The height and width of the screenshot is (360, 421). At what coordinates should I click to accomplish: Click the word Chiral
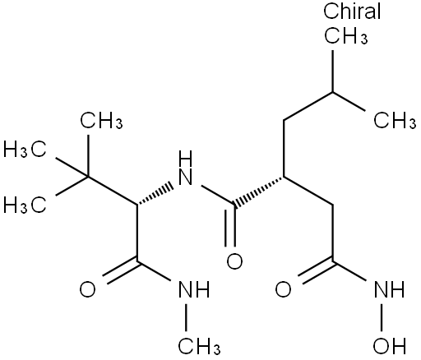pyautogui.click(x=352, y=12)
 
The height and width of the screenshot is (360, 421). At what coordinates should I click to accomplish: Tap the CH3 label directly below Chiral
pyautogui.click(x=346, y=35)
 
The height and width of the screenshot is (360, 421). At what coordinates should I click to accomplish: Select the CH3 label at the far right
pyautogui.click(x=395, y=120)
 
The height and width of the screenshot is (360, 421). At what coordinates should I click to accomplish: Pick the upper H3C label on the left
pyautogui.click(x=25, y=150)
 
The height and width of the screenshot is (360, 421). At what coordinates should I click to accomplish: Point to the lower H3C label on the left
pyautogui.click(x=25, y=205)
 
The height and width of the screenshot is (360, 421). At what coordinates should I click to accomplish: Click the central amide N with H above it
pyautogui.click(x=185, y=168)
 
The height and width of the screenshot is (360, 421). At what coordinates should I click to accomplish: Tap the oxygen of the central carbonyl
pyautogui.click(x=234, y=261)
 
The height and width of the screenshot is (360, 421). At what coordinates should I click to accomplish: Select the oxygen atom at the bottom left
pyautogui.click(x=88, y=290)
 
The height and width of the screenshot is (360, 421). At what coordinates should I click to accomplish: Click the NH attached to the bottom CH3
pyautogui.click(x=194, y=289)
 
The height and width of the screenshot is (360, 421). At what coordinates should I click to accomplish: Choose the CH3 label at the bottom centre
pyautogui.click(x=199, y=346)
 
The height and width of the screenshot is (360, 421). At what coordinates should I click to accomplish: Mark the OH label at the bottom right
pyautogui.click(x=389, y=346)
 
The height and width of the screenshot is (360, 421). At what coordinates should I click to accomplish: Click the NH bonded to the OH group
pyautogui.click(x=389, y=289)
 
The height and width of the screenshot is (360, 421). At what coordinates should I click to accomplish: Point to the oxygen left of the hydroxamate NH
pyautogui.click(x=283, y=290)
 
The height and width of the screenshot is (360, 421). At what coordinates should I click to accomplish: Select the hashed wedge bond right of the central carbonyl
pyautogui.click(x=258, y=192)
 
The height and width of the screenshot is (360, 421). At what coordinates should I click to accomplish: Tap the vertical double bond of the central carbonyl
pyautogui.click(x=230, y=226)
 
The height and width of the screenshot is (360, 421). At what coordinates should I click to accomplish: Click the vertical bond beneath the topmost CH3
pyautogui.click(x=333, y=72)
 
